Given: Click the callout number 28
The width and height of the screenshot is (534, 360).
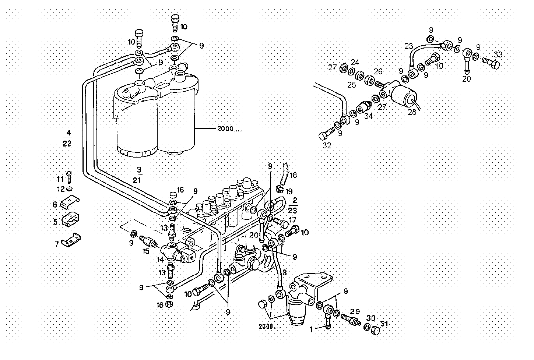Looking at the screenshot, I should [412, 112].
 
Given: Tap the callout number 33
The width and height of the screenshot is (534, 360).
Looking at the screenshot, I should [498, 54].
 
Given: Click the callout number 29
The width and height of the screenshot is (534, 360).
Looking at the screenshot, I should [355, 311].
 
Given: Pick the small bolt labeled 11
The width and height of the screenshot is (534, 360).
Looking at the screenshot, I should [69, 177].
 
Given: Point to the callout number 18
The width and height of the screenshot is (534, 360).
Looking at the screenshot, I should [293, 175].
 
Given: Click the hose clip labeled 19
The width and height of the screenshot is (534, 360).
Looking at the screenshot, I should [280, 190].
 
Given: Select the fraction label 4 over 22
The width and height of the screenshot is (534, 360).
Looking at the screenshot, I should [67, 138].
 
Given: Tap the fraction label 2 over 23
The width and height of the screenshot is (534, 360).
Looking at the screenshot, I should [293, 205].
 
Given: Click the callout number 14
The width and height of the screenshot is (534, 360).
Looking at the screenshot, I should [160, 260].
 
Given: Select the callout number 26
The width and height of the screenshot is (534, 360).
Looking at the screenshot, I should [378, 71].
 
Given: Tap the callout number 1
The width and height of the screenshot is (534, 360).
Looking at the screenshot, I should [311, 329].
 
